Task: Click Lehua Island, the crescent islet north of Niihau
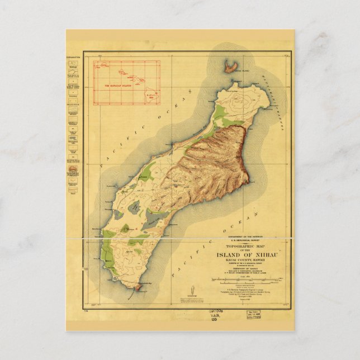tap(230, 67)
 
